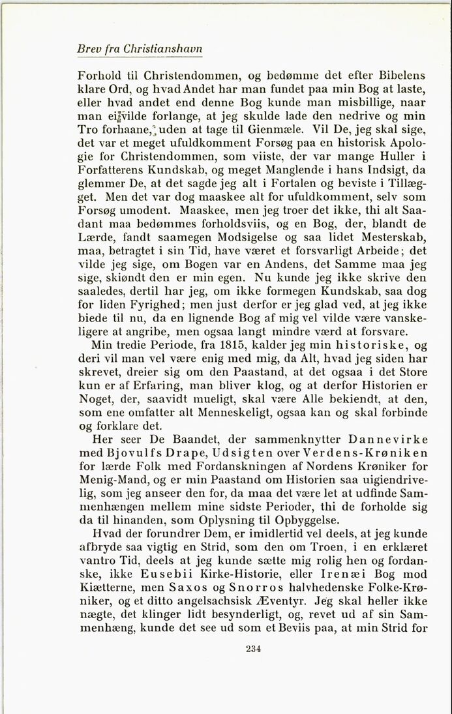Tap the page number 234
254,648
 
